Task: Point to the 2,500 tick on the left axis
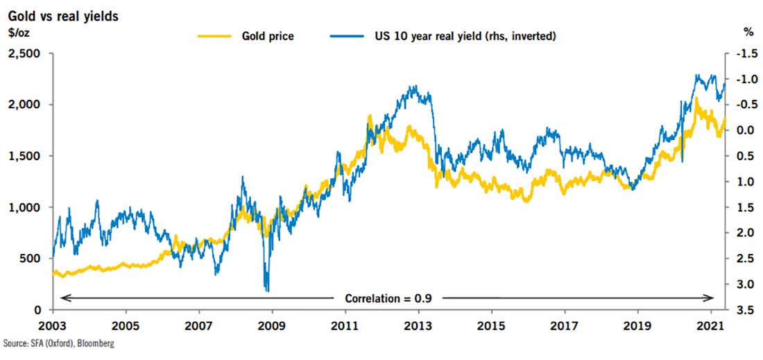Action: (25, 53)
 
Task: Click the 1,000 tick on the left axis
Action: (25, 207)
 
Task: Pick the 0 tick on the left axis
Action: (38, 310)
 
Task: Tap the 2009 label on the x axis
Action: (271, 325)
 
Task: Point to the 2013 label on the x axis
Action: (418, 325)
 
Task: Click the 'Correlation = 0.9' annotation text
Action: (387, 298)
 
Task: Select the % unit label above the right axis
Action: (748, 33)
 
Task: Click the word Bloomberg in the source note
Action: (94, 345)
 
